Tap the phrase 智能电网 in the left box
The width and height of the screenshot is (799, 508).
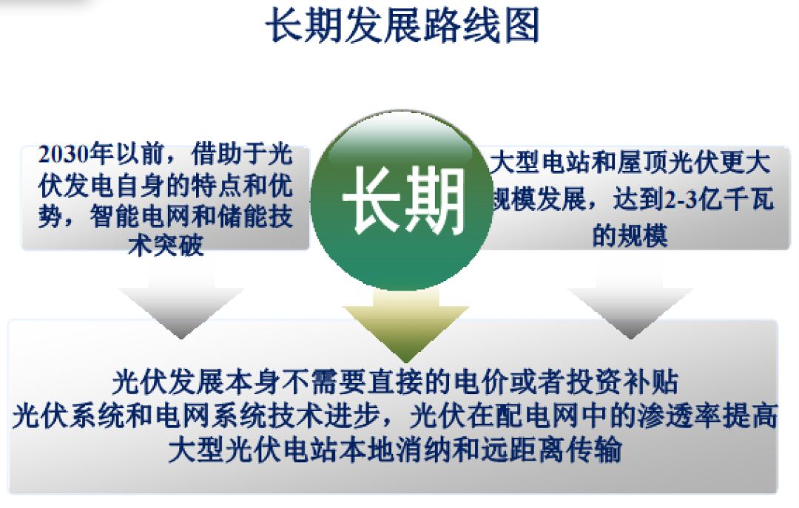122,217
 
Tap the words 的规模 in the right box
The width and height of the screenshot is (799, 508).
630,236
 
